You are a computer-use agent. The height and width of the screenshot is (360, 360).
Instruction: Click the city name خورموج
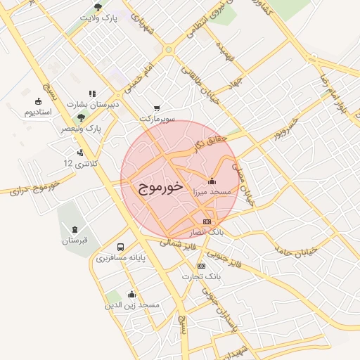pos(157,188)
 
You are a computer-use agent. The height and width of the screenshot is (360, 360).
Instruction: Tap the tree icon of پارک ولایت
pos(98,8)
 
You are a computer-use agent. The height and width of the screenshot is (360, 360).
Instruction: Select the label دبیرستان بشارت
pos(94,104)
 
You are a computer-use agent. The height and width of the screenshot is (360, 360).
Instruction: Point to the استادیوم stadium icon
pos(38,101)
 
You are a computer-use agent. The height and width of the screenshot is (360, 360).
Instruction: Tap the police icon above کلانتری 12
pos(80,151)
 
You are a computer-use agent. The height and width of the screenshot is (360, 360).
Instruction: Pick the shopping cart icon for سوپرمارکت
pos(156,108)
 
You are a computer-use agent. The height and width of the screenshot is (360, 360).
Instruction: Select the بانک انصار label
pos(206,231)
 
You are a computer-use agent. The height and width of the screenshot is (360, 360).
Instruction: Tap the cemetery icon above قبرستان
pos(75,229)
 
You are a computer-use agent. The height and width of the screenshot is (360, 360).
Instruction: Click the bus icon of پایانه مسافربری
pos(121,247)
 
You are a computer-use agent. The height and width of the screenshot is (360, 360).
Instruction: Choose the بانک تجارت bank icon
pos(202,266)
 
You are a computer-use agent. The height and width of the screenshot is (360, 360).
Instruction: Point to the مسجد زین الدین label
pos(133,306)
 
